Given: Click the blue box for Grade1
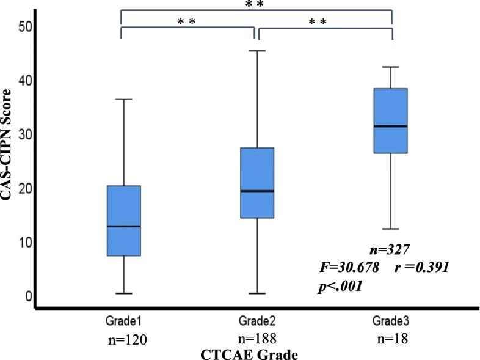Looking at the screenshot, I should pyautogui.click(x=124, y=221).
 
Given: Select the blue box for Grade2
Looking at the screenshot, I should pyautogui.click(x=256, y=183).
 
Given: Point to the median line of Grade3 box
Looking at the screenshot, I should pyautogui.click(x=390, y=126).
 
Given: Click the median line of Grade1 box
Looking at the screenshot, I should pyautogui.click(x=124, y=226).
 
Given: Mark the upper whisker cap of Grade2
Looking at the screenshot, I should pyautogui.click(x=256, y=51).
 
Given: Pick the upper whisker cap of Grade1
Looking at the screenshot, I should pyautogui.click(x=124, y=99).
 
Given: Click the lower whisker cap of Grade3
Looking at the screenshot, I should pyautogui.click(x=390, y=229).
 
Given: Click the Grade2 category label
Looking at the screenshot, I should pyautogui.click(x=256, y=321).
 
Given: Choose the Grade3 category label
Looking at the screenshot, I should pyautogui.click(x=390, y=320).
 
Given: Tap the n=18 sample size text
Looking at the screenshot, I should pyautogui.click(x=390, y=339).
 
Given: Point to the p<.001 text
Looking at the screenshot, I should pyautogui.click(x=340, y=285).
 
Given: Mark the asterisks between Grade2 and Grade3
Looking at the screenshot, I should pyautogui.click(x=318, y=22).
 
